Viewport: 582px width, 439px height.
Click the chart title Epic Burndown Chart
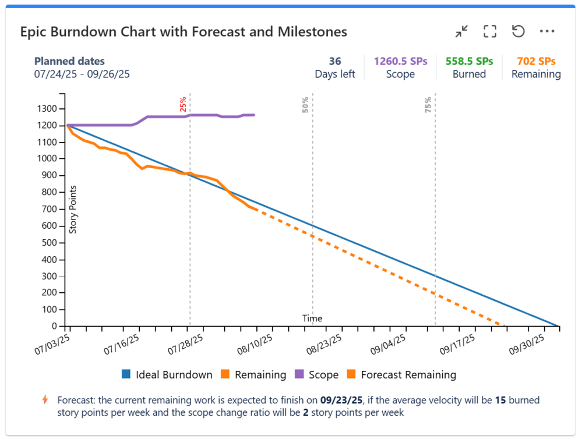[184, 32]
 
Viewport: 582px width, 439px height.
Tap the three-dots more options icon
[547, 31]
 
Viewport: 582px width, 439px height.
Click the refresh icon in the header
[518, 31]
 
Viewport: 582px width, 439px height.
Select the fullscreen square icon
[490, 31]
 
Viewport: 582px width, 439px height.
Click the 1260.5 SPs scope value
[401, 61]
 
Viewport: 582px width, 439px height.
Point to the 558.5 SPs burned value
[469, 61]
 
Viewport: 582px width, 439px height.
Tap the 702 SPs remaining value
[536, 61]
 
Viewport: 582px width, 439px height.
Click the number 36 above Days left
[335, 61]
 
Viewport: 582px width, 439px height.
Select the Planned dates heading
[69, 61]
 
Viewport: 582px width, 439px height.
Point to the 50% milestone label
[306, 104]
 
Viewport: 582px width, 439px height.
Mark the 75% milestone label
[428, 104]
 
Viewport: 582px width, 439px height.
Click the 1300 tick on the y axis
[49, 109]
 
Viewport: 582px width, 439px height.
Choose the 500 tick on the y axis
[51, 243]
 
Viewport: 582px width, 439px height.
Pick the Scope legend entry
[317, 375]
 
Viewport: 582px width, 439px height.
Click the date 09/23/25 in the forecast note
[341, 401]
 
